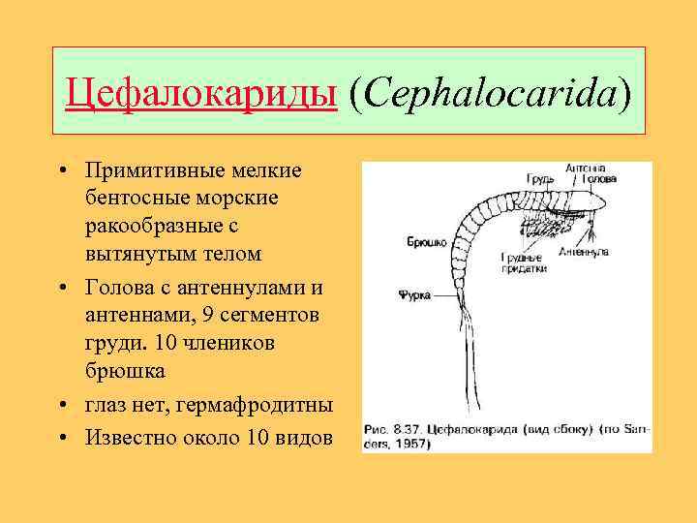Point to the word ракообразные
(x=155, y=226)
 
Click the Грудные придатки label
(x=524, y=262)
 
